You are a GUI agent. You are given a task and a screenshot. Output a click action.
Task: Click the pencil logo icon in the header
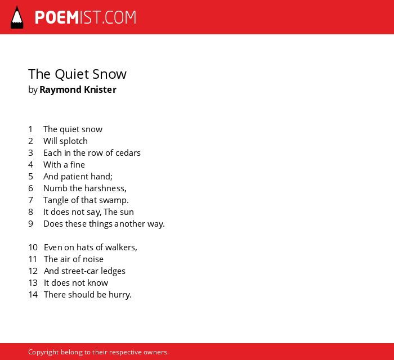[17, 17]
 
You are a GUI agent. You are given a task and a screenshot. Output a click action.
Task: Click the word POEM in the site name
[57, 17]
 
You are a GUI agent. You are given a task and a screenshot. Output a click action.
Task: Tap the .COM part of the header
[119, 17]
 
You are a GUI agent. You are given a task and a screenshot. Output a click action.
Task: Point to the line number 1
[30, 129]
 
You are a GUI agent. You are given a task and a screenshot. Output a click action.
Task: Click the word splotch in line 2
[74, 141]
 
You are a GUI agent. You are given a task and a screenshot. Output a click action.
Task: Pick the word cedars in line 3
[128, 153]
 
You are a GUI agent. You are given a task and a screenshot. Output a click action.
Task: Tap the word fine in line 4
[78, 165]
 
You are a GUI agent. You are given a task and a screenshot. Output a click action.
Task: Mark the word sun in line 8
[127, 213]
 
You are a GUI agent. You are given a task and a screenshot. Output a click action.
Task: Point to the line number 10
[33, 247]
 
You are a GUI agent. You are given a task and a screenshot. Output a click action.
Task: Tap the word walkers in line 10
[121, 247]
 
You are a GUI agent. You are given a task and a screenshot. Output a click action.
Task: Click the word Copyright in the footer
[43, 352]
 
